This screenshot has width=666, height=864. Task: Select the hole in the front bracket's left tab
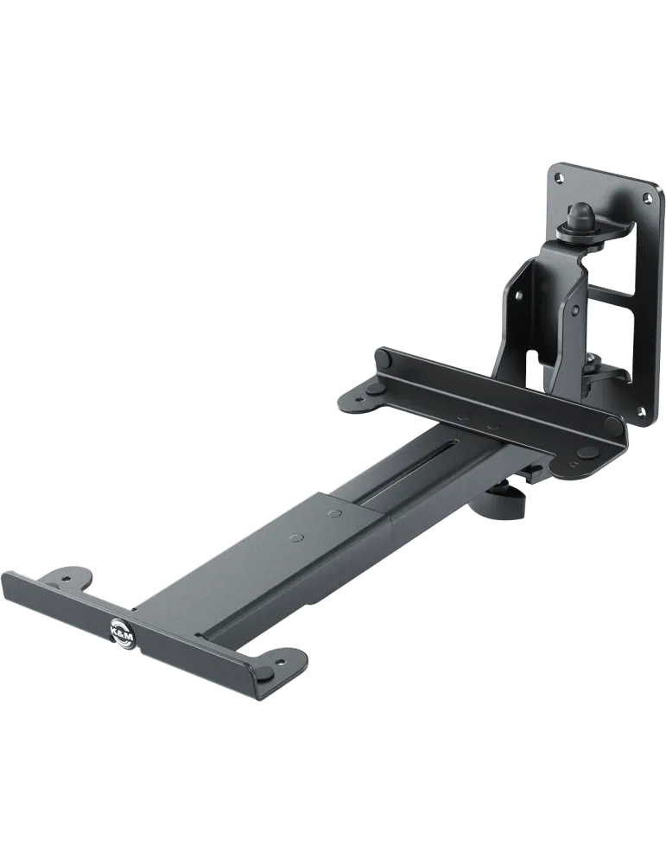pyautogui.click(x=67, y=579)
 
